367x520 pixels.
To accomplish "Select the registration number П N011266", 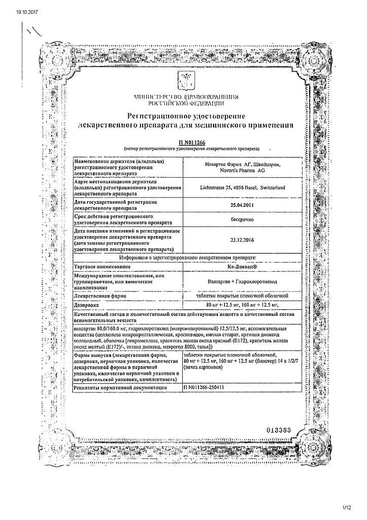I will pos(184,143).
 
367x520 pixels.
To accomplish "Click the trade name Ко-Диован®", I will pos(235,266).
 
